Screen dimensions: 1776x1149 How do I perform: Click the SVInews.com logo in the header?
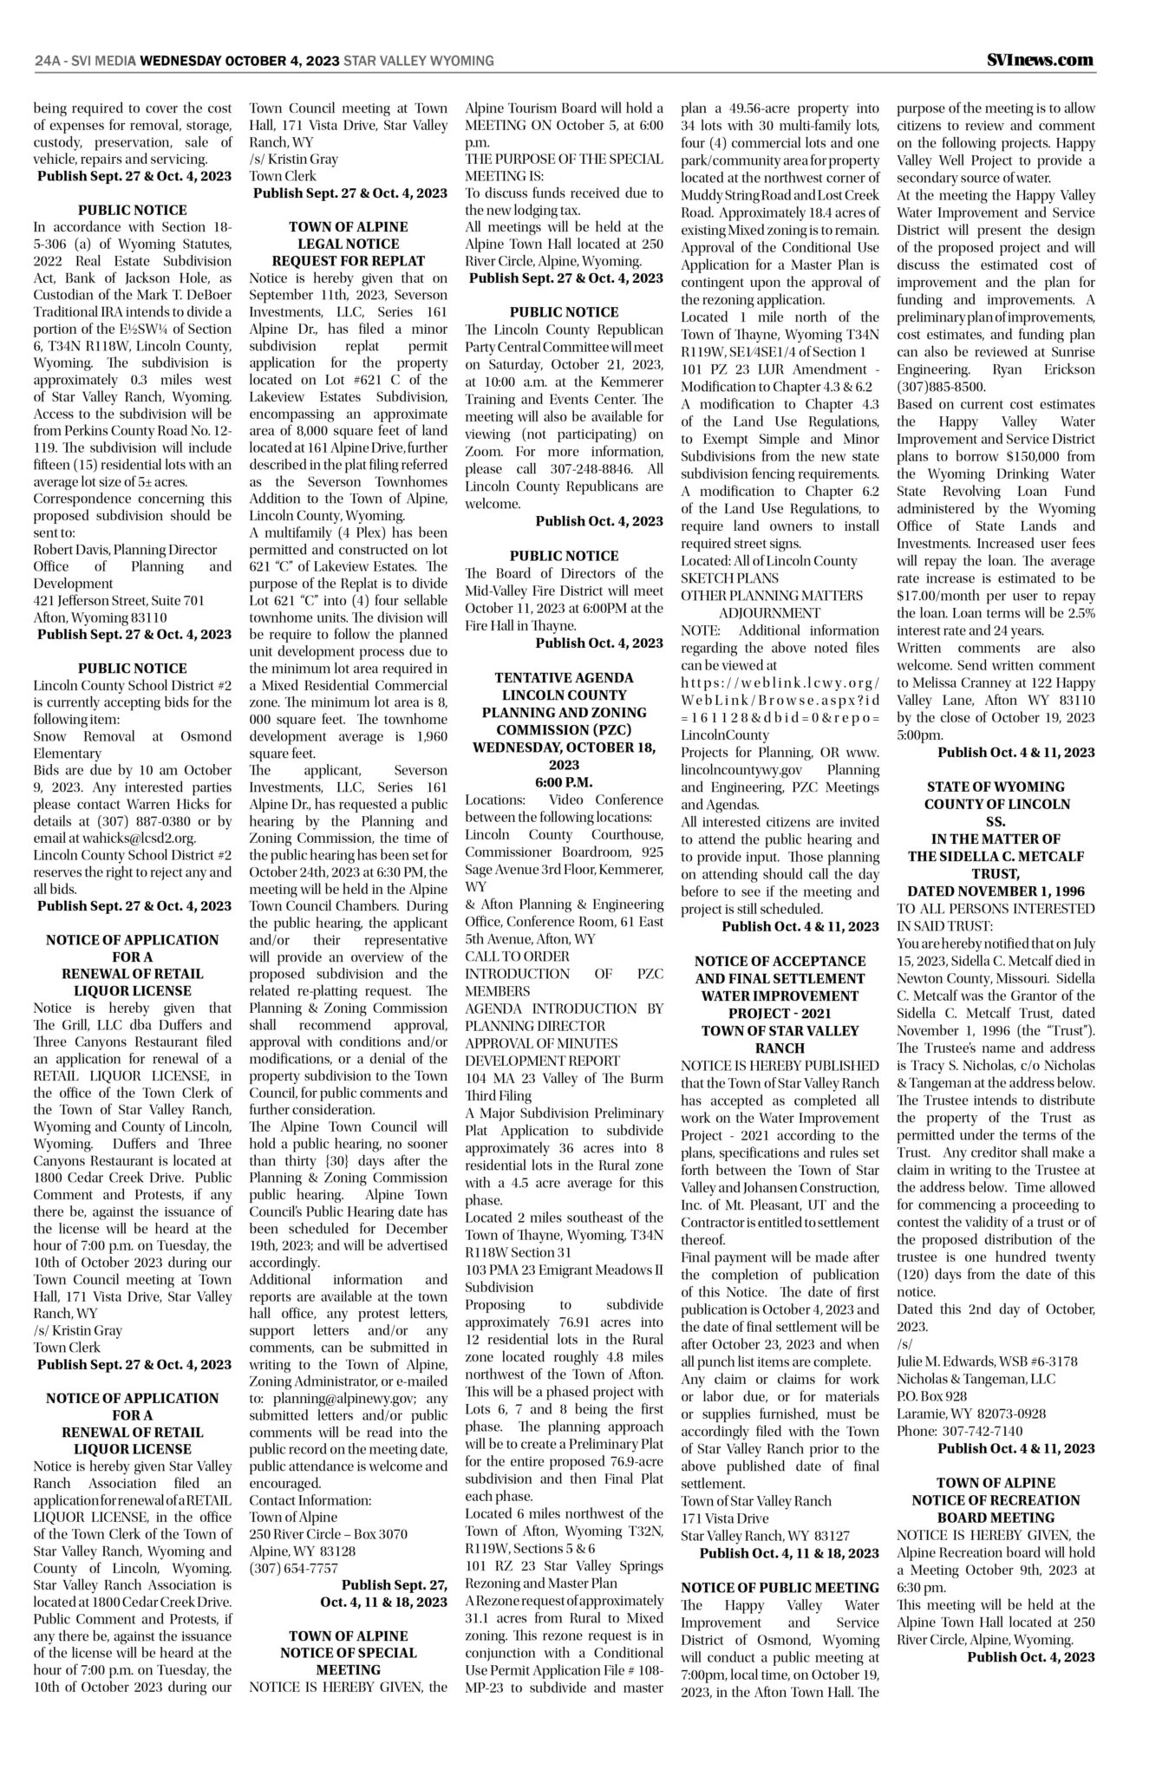(1040, 60)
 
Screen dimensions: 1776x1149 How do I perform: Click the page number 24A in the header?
(48, 61)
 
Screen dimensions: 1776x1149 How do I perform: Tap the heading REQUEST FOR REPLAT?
(349, 261)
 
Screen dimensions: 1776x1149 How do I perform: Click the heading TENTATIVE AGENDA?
(564, 677)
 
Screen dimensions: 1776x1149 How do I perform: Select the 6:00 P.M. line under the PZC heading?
(564, 781)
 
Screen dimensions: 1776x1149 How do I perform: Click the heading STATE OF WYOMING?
(996, 787)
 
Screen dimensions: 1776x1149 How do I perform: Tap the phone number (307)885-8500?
(941, 387)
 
